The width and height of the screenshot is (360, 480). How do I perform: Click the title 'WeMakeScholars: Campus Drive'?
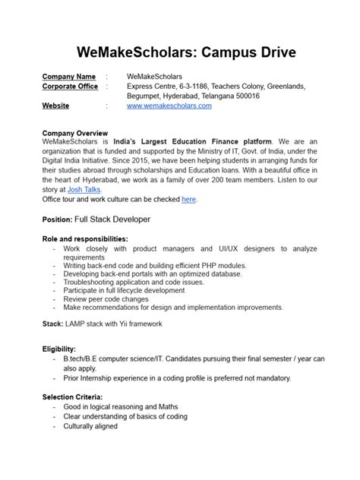click(180, 52)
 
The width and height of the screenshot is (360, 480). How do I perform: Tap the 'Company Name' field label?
click(68, 77)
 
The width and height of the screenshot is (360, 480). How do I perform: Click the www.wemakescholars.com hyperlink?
click(169, 106)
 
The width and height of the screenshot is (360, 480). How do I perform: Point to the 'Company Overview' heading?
click(75, 132)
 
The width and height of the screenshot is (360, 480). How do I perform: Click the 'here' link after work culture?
click(189, 200)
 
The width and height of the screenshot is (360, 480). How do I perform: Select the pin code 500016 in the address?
click(264, 96)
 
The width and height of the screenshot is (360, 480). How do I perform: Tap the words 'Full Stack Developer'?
click(112, 219)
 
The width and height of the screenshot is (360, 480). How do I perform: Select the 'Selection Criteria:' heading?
click(73, 397)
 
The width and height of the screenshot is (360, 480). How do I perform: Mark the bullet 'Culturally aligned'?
click(90, 427)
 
